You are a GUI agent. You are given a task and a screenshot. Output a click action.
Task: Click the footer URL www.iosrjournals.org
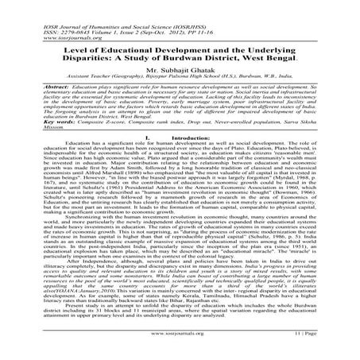178,347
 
